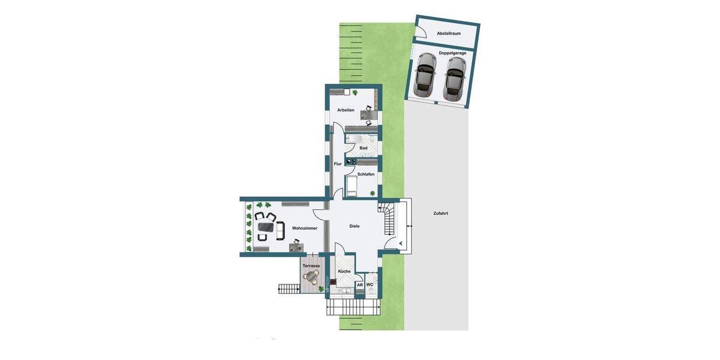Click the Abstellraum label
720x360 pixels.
coord(448,34)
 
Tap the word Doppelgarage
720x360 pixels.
coord(452,53)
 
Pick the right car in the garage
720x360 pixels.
coord(454,78)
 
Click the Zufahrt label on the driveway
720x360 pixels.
coord(440,214)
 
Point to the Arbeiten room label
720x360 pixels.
coord(346,110)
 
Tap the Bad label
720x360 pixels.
coord(363,148)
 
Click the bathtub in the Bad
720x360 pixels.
coord(355,139)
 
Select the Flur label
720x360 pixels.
coord(338,164)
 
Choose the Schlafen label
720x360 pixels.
coord(365,174)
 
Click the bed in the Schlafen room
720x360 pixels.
coord(352,187)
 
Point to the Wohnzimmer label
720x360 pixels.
coord(305,229)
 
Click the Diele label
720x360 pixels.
coord(355,226)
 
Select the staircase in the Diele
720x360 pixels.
coord(387,220)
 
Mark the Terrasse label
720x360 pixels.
coord(311,265)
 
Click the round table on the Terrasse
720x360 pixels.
coord(311,277)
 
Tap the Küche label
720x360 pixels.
coord(344,271)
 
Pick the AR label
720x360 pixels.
coord(360,285)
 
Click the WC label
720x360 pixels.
coord(370,284)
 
